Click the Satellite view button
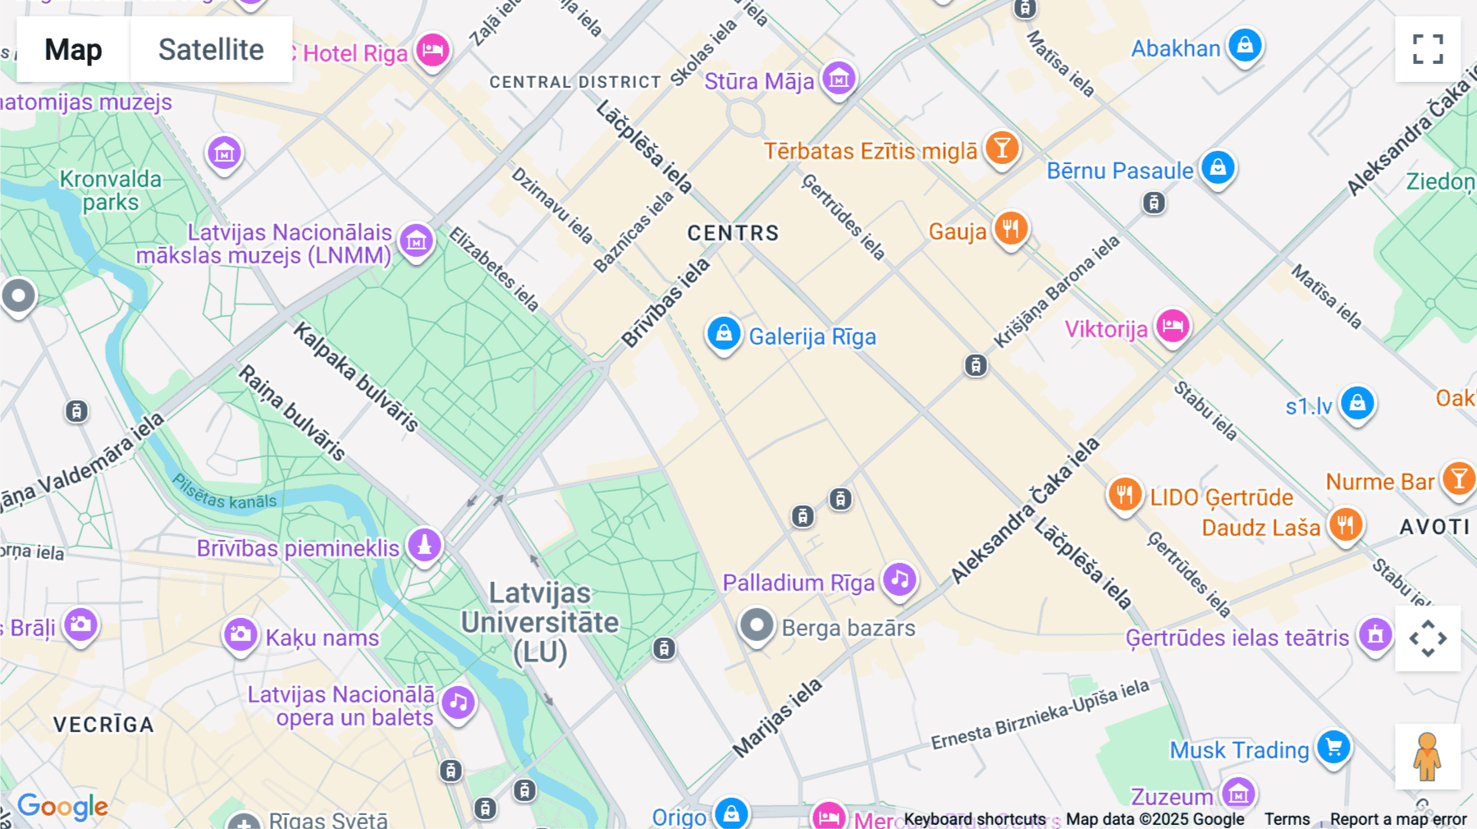[x=211, y=49]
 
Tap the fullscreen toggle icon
[x=1428, y=49]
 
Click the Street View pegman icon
[x=1428, y=756]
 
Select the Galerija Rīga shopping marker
[x=724, y=334]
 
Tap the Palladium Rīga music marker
[x=899, y=579]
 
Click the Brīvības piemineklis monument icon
[x=424, y=545]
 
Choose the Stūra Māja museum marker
[x=839, y=79]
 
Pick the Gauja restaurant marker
[x=1011, y=229]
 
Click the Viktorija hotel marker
[x=1173, y=326]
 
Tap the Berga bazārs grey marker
[x=757, y=626]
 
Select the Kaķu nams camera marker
[x=240, y=634]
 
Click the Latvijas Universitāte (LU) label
[x=540, y=622]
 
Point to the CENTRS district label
[x=733, y=233]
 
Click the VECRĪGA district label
[x=103, y=725]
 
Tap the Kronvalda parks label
[x=111, y=190]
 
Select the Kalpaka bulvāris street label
[x=356, y=377]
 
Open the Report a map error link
[x=1397, y=819]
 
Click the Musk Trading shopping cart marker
[x=1333, y=747]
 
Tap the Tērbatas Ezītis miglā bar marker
[x=1002, y=148]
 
